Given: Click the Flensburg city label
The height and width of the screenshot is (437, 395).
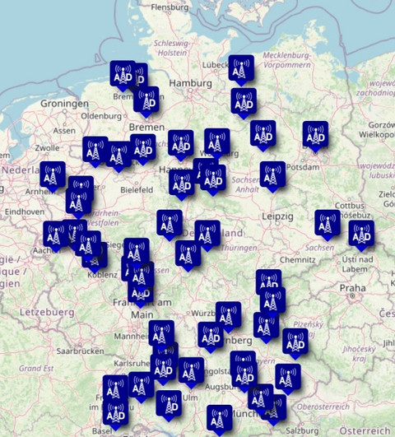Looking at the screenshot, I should tap(170, 8).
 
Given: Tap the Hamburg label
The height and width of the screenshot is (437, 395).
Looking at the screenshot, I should tap(190, 84).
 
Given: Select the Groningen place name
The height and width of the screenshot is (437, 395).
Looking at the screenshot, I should tap(64, 105).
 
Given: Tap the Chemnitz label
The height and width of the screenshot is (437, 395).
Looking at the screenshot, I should tap(297, 259).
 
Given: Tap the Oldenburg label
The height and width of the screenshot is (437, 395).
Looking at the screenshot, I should tap(101, 116).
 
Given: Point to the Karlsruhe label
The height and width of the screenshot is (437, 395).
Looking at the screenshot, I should tap(132, 363).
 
